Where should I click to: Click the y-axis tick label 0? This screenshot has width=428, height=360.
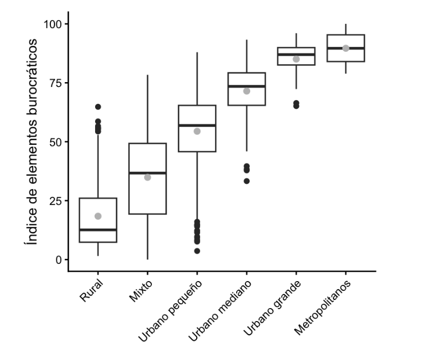[x=58, y=259]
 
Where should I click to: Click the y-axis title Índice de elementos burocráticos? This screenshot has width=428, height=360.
[x=34, y=142]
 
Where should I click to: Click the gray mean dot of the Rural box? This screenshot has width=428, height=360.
[x=98, y=216]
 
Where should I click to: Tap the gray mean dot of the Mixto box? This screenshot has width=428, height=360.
[x=148, y=177]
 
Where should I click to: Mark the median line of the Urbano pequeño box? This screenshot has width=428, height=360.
[x=197, y=125]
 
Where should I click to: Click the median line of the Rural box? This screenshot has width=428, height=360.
[x=98, y=230]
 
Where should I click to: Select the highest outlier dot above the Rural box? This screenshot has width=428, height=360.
[x=98, y=107]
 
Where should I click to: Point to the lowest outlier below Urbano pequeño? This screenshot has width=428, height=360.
[x=197, y=251]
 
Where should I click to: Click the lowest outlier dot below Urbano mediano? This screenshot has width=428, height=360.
[x=246, y=181]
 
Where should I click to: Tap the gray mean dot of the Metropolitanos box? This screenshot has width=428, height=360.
[x=346, y=48]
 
